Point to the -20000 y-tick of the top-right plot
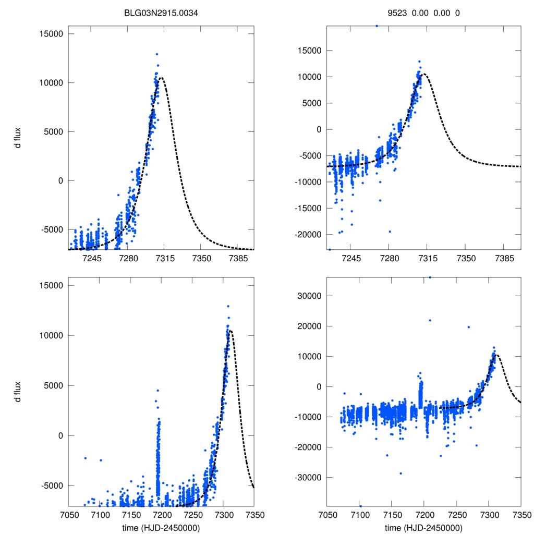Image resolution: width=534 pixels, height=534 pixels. coord(308,234)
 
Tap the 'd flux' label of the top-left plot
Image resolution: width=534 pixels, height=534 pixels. coord(18,141)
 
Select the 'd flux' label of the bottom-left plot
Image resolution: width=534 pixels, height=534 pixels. coord(18,392)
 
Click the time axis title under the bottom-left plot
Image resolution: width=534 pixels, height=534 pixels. coord(161,528)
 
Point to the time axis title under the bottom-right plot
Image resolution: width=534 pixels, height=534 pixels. coord(423,528)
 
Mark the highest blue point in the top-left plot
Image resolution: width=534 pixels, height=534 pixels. coord(156,54)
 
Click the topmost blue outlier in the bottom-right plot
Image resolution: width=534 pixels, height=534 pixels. coord(430,277)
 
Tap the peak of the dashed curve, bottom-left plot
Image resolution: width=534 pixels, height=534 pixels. coord(230,330)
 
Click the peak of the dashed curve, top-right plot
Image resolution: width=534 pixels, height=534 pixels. coord(425,74)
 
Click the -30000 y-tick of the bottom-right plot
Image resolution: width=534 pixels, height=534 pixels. coord(308,477)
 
